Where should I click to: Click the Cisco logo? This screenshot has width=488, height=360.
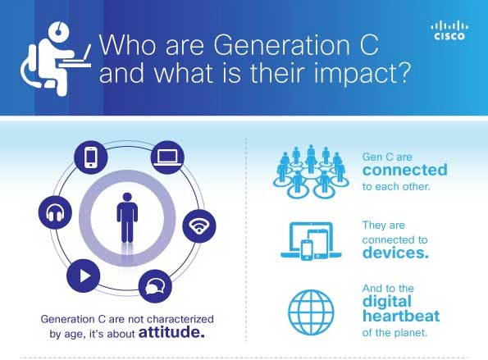point(449,31)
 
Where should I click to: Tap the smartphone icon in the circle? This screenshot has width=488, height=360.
point(90,157)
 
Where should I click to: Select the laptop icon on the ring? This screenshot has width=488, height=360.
point(167,157)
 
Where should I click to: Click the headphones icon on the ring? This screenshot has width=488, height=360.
point(55,213)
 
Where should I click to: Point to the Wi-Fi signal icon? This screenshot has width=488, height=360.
point(198,226)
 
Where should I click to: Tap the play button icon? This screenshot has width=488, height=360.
point(84,276)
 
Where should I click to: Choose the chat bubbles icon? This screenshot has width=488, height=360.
point(155,286)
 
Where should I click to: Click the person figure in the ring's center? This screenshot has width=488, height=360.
point(127,218)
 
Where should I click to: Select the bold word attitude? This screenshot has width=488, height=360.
point(171,332)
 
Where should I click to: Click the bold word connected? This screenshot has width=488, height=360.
point(405,170)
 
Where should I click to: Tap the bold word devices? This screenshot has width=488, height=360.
point(395,253)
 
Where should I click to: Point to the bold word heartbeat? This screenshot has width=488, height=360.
point(401,317)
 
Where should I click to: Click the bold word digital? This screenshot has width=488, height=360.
point(387,302)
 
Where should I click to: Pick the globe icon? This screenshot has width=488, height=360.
point(311,312)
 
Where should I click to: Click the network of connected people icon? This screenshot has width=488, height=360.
point(311,171)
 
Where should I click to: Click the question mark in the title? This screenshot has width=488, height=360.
point(405,72)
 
